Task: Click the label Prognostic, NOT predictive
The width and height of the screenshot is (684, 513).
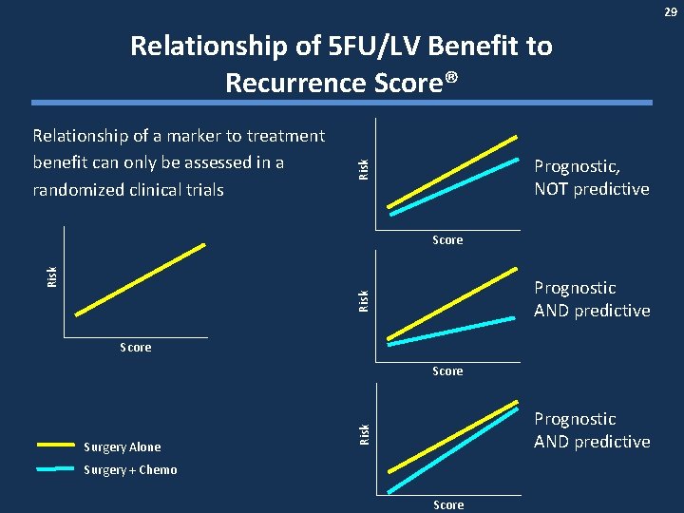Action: click(x=591, y=178)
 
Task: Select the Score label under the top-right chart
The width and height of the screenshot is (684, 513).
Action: click(x=447, y=240)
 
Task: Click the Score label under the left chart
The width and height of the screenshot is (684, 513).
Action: click(x=136, y=348)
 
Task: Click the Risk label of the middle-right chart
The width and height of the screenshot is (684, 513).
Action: click(x=364, y=301)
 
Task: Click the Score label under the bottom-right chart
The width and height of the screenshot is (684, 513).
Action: click(x=448, y=504)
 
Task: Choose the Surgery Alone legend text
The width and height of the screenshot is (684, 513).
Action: click(x=123, y=447)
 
